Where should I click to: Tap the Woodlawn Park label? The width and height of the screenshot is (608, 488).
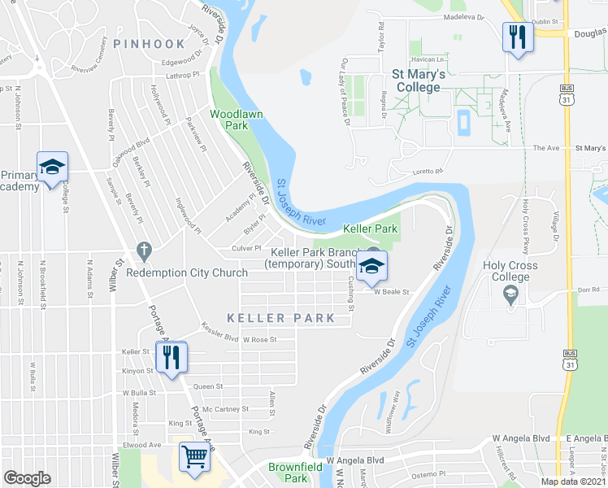coord(237,120)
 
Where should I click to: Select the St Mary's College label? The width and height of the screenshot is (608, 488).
coord(418,80)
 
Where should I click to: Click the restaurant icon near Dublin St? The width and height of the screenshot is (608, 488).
coord(517,37)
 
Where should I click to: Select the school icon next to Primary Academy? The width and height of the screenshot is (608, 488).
coord(52,168)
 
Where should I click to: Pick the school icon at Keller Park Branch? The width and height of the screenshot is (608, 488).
coord(371,266)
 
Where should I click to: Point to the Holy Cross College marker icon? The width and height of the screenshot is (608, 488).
coord(510,297)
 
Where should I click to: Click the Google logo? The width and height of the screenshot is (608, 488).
coord(27,478)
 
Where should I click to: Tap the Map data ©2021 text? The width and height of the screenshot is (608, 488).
coord(573,481)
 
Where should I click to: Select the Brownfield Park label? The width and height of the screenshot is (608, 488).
coord(289,473)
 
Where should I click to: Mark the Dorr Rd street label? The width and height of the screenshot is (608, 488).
coord(589,289)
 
